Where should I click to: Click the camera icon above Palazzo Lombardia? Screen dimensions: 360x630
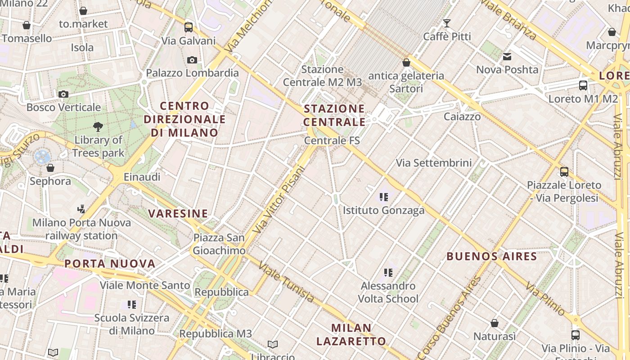192,60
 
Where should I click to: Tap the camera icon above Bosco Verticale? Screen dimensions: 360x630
63,94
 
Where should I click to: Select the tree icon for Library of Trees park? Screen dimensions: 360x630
98,127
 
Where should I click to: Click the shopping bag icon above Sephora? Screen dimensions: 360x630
50,168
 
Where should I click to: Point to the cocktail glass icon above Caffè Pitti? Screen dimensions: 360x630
447,23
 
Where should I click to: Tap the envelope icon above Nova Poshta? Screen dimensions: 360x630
507,57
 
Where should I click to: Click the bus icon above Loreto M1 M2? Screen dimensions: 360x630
583,85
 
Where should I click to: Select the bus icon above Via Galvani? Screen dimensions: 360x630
189,27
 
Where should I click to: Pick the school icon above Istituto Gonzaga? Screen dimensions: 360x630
384,197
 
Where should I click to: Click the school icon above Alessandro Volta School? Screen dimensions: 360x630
388,272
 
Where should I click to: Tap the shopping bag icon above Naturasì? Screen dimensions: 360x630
495,323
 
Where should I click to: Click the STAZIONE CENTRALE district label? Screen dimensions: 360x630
334,115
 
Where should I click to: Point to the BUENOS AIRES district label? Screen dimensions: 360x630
492,256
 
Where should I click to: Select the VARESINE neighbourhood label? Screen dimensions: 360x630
178,213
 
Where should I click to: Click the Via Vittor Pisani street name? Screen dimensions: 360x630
279,200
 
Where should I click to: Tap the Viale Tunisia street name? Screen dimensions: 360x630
286,282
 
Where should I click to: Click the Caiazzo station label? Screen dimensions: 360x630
462,117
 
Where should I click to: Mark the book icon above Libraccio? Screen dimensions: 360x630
273,344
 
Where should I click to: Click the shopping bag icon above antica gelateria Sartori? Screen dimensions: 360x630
406,63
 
